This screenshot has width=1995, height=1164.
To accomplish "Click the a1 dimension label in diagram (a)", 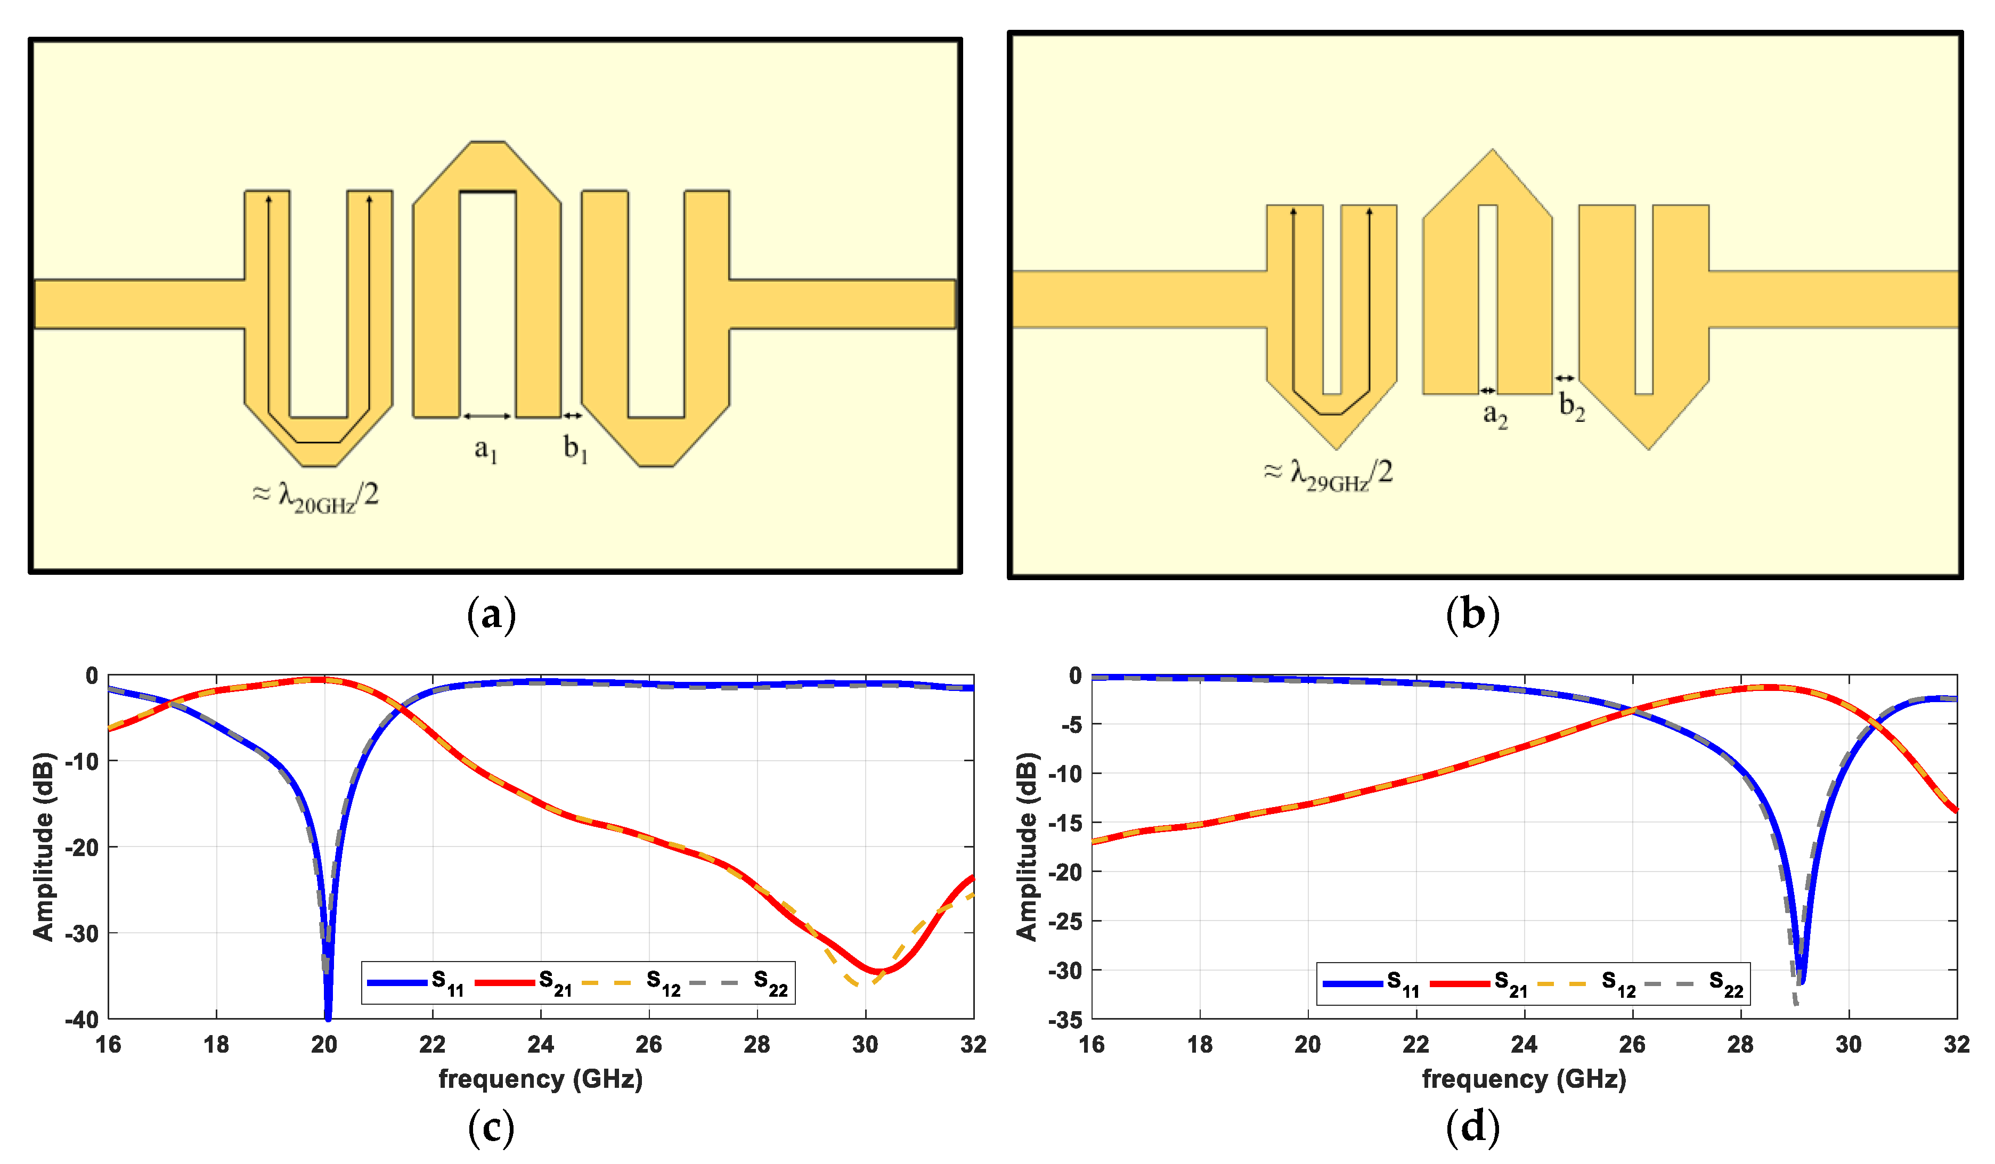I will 485,450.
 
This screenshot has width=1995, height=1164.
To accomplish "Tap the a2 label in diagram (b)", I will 1495,415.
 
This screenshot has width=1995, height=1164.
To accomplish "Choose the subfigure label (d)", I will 1472,1126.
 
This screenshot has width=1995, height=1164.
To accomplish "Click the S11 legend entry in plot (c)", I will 416,983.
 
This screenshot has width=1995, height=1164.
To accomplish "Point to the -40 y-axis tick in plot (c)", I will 82,1020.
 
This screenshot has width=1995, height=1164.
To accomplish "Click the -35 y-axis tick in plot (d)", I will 1065,1020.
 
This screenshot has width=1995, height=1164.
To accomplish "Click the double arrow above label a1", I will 487,416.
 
